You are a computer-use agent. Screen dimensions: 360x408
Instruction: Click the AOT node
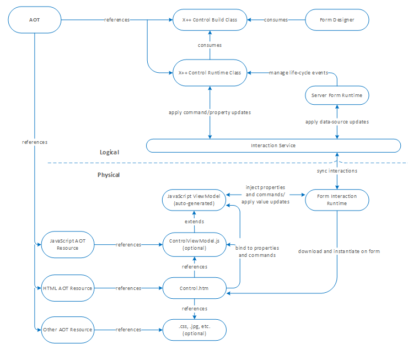point(34,20)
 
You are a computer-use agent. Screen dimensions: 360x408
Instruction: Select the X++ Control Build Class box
point(210,20)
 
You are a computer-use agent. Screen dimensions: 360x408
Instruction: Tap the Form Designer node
point(336,20)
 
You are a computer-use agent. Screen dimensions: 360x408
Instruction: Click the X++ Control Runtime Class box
point(210,72)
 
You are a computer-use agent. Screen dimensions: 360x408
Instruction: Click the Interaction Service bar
point(273,146)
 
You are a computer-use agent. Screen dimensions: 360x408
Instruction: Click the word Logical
point(110,152)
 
